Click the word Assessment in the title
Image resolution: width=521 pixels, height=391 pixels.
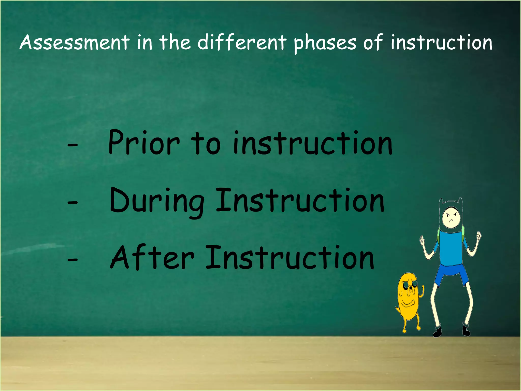tap(75, 42)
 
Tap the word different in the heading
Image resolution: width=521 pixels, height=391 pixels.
tap(242, 42)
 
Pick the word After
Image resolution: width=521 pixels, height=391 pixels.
tap(152, 258)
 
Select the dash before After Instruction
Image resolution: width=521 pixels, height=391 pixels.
tap(73, 260)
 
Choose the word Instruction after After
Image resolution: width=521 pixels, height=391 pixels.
tap(290, 258)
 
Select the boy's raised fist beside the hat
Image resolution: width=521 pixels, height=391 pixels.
tap(479, 235)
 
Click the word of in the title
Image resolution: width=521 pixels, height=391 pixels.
tap(373, 42)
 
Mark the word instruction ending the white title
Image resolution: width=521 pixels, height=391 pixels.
tap(441, 42)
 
